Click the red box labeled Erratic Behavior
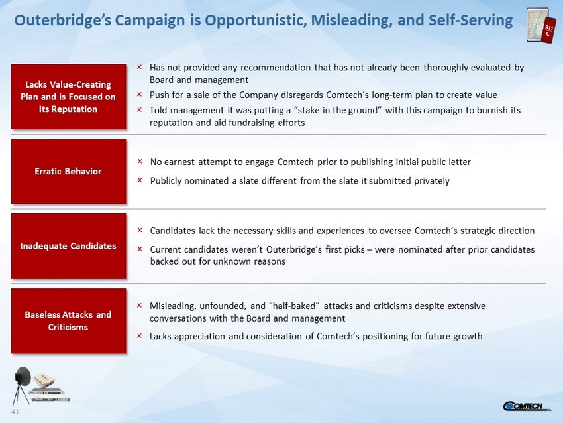pos(68,172)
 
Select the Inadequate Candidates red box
pos(68,246)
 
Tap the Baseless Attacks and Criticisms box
pos(68,321)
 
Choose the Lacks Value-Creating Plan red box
pos(68,97)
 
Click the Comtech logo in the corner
pos(527,406)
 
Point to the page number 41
pos(15,412)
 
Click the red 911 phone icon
pos(548,30)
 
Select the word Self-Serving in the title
pos(471,20)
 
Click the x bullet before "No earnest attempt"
pos(140,161)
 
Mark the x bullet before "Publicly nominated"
pos(140,180)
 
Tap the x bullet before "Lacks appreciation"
pos(139,335)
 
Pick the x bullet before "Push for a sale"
pos(139,94)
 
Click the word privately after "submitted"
pos(432,181)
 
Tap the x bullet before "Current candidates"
pos(140,249)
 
